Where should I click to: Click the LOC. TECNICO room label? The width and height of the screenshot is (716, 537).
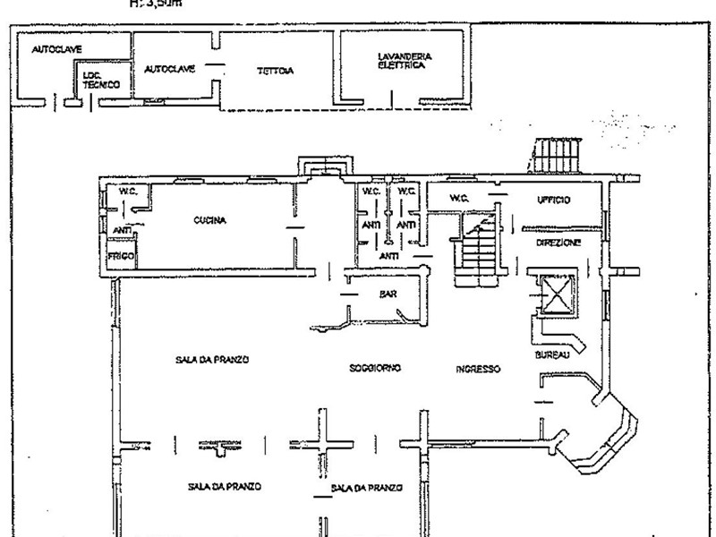point(98,81)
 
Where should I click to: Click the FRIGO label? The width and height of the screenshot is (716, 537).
point(120,257)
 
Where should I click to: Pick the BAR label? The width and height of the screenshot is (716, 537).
point(388,294)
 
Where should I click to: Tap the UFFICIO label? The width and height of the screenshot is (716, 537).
point(555,200)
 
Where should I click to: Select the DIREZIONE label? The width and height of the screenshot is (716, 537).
point(558,243)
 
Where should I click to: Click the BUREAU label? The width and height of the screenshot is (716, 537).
point(550,356)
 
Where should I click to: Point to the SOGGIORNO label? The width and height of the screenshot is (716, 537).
point(375,368)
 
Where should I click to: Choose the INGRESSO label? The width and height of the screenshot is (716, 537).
point(478,369)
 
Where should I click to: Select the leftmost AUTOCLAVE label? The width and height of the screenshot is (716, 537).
point(52,49)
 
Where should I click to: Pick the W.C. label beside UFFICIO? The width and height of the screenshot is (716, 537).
point(459,198)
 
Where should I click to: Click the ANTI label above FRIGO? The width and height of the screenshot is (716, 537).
point(121,230)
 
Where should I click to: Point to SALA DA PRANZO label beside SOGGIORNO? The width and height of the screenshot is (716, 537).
point(211,359)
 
